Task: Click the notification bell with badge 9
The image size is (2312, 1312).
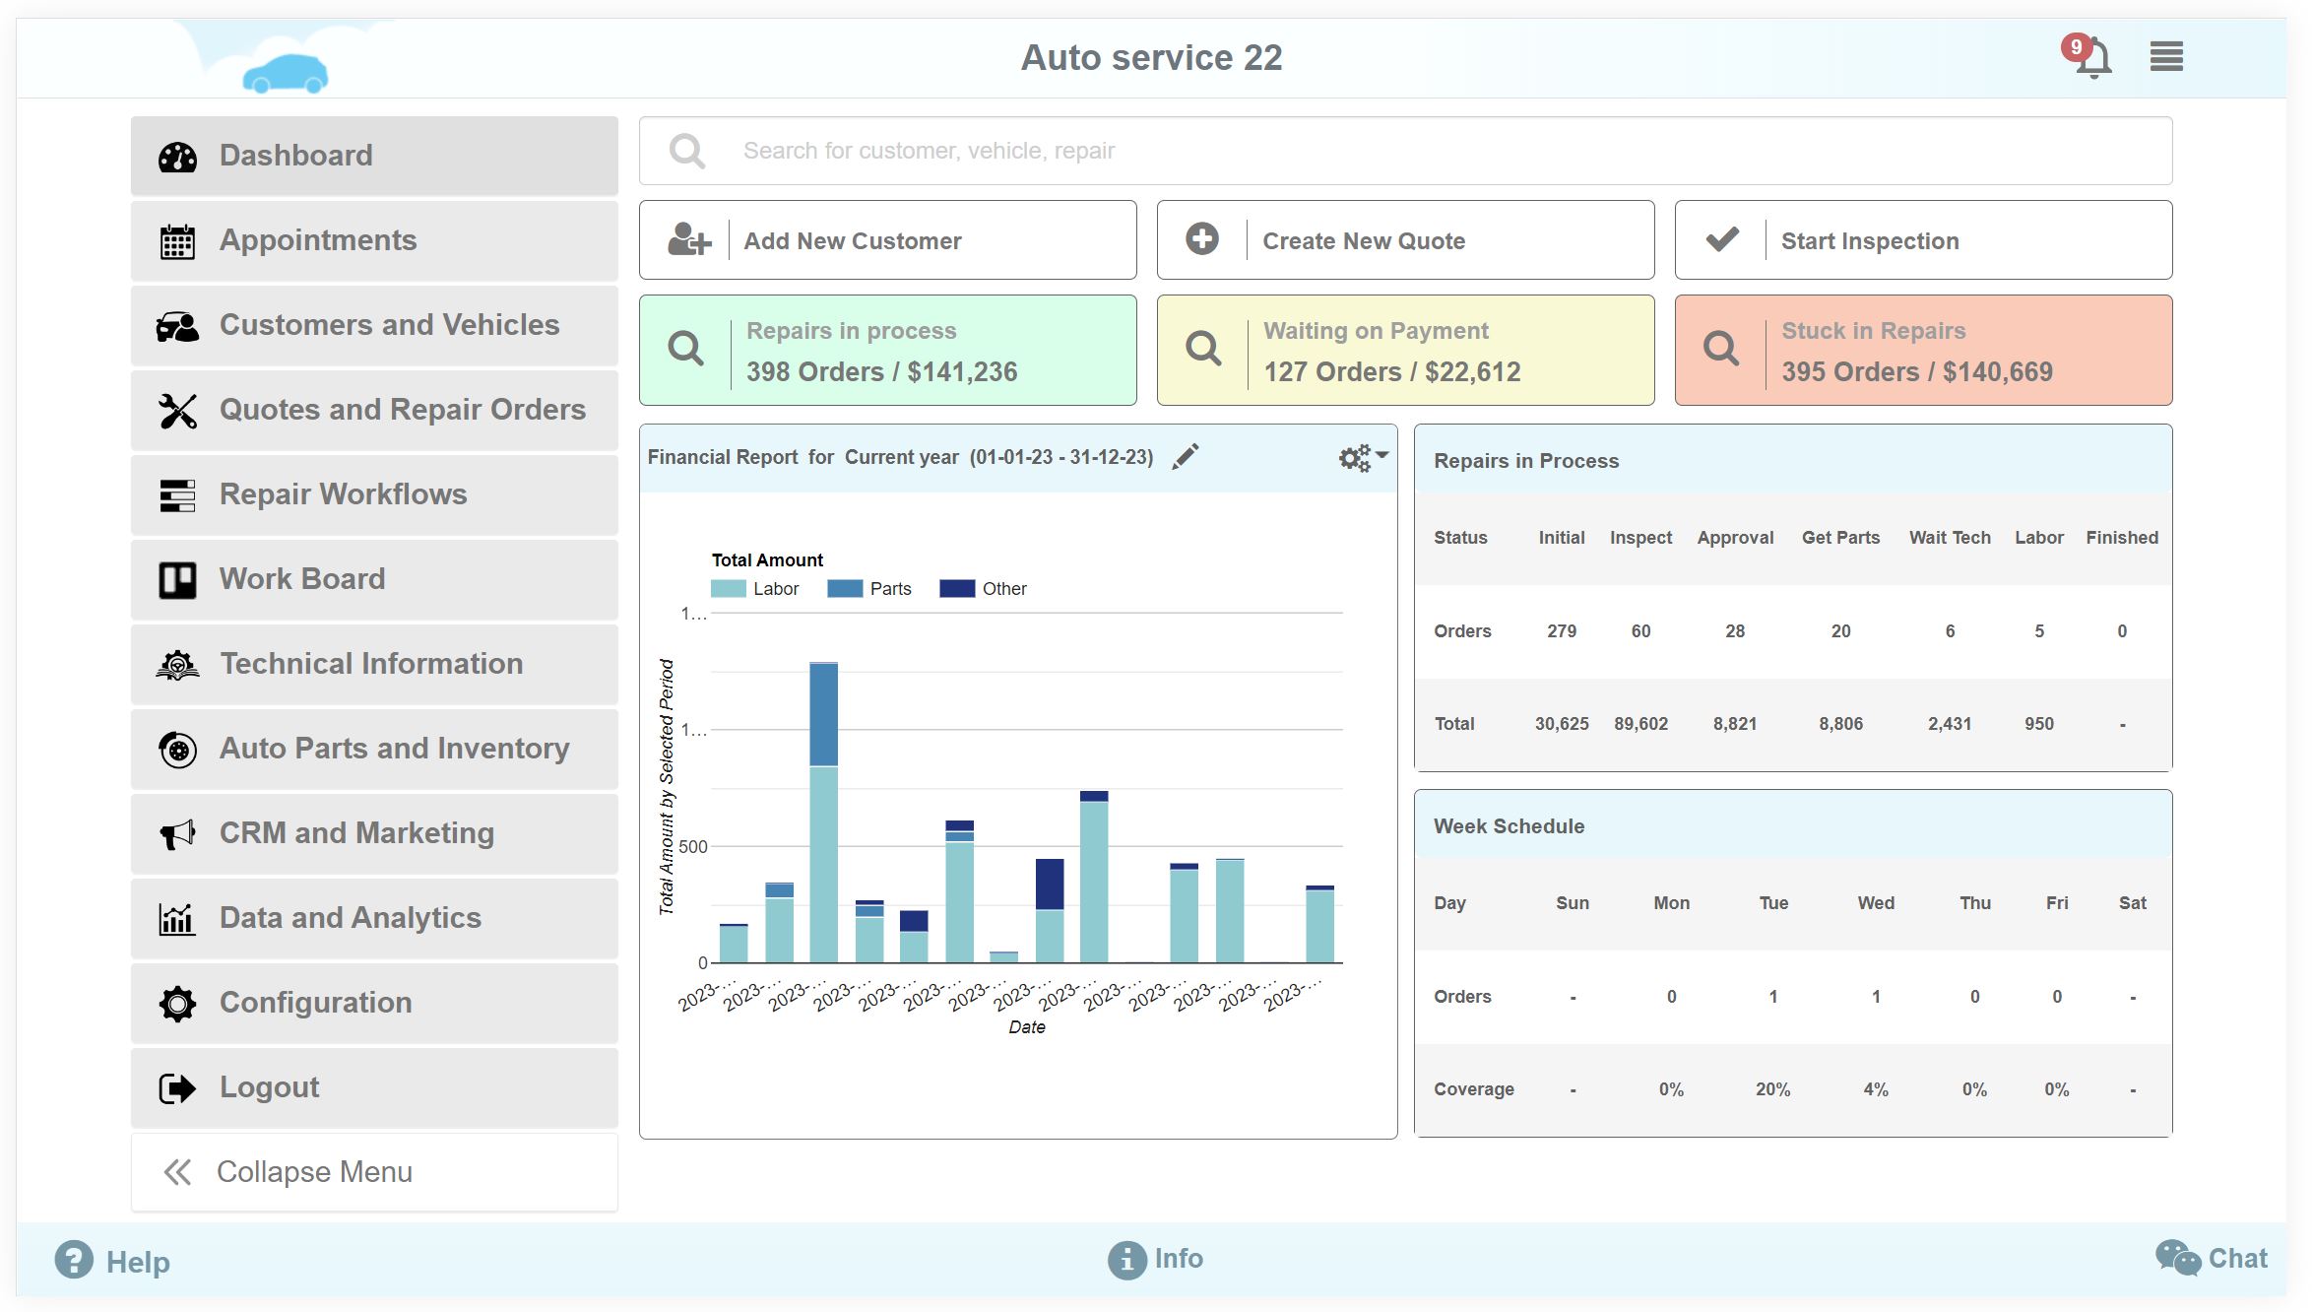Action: (x=2091, y=57)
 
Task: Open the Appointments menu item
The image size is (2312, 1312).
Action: (x=374, y=240)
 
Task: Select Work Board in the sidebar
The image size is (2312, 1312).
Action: (x=374, y=579)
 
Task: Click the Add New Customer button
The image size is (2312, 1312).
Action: (x=887, y=240)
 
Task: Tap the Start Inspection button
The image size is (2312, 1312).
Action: (x=1922, y=240)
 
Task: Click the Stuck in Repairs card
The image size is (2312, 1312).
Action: (x=1922, y=351)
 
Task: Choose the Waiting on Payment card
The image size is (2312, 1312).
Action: (x=1404, y=351)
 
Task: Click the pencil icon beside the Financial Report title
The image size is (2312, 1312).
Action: (x=1186, y=456)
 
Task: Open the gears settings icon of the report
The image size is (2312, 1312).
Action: (x=1361, y=457)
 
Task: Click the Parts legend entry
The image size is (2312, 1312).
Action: (x=870, y=589)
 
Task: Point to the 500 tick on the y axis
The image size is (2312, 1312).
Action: (x=692, y=847)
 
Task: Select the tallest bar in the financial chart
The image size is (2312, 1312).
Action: (x=823, y=812)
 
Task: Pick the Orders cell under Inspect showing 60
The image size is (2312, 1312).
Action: (x=1640, y=631)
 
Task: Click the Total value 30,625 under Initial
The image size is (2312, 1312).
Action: (x=1561, y=724)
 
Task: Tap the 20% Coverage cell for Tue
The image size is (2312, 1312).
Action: (x=1772, y=1089)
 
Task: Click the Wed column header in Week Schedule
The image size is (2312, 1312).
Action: (x=1875, y=903)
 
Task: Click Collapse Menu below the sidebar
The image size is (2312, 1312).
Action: (x=374, y=1172)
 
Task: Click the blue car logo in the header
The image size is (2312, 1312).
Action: (x=286, y=74)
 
